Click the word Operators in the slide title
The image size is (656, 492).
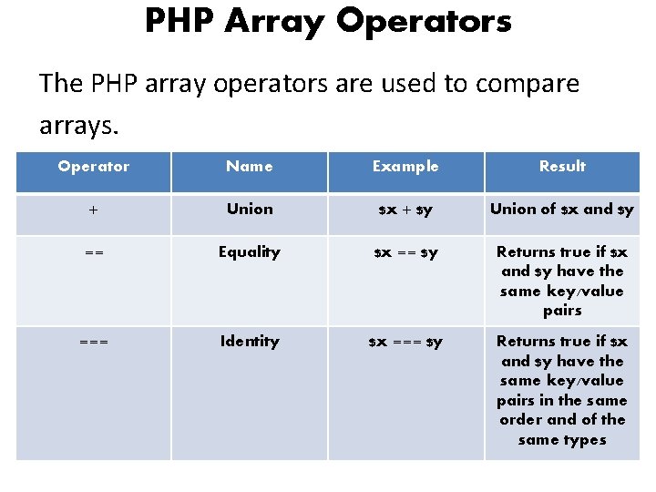coord(424,21)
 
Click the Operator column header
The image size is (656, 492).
coord(93,167)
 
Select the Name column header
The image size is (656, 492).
coord(249,167)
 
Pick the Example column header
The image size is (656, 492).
coord(405,167)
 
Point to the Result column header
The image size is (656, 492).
coord(562,167)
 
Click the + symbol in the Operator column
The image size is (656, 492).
coord(93,210)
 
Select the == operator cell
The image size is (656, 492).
coord(93,253)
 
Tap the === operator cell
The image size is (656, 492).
coord(93,343)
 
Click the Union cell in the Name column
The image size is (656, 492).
coord(249,210)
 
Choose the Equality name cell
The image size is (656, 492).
coord(249,252)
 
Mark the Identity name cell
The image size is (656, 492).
coord(249,342)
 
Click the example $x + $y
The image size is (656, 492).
coord(405,210)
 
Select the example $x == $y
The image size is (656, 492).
coord(405,253)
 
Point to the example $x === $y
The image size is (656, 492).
coord(405,343)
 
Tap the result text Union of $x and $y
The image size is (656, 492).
coord(562,210)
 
